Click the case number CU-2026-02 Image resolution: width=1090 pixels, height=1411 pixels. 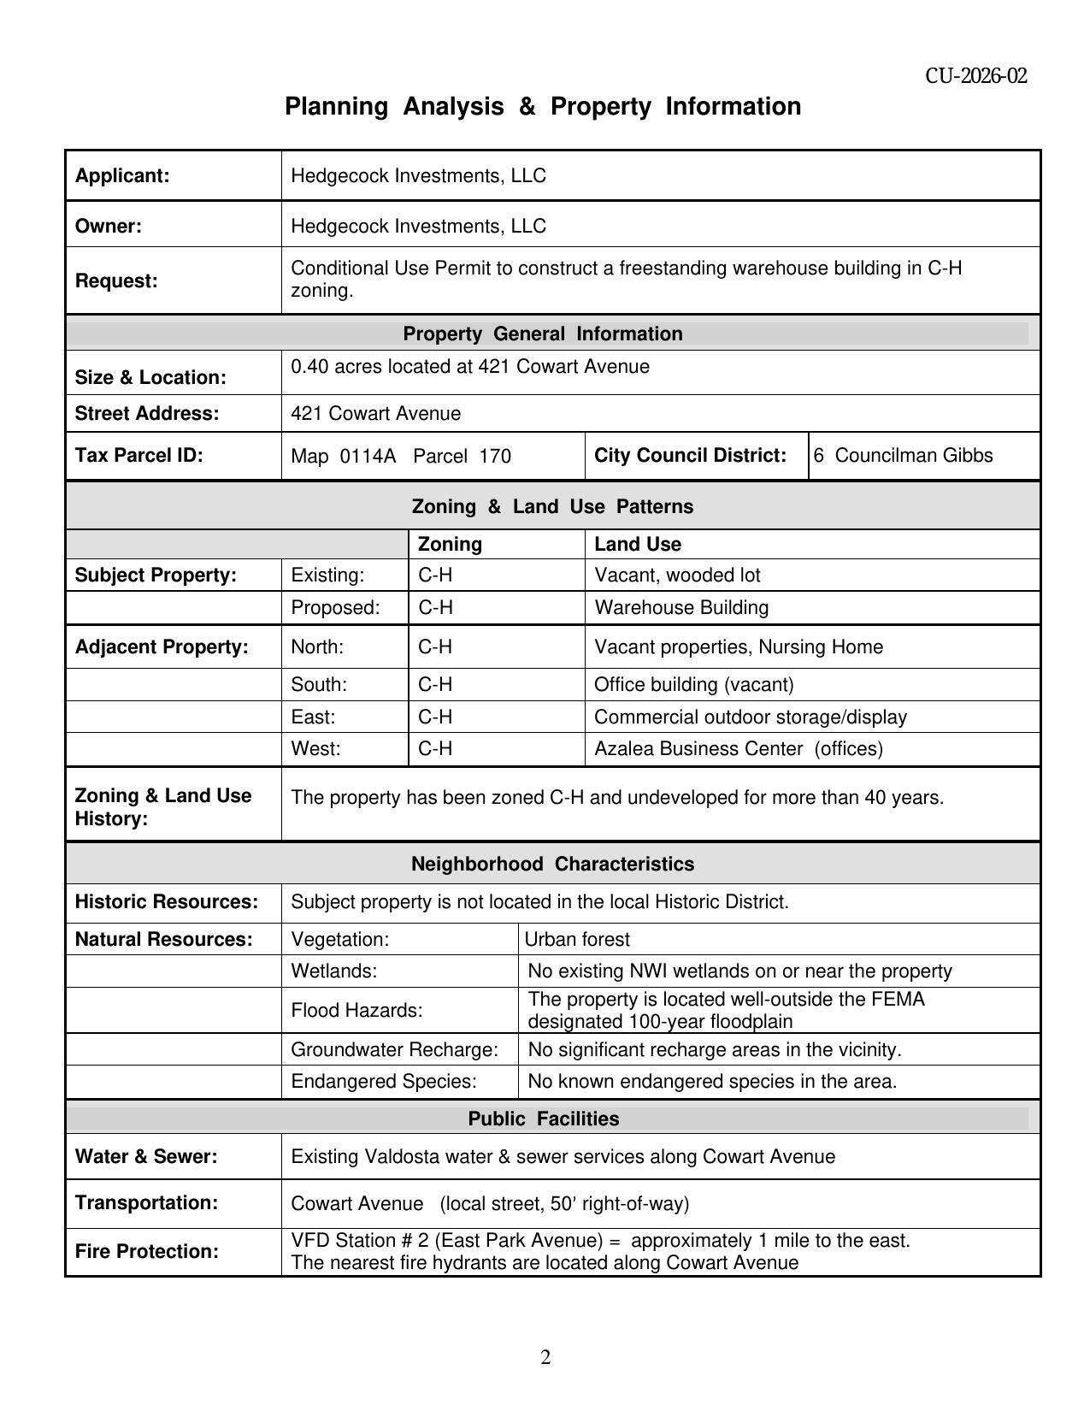(975, 76)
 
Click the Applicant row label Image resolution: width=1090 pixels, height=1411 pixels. (122, 175)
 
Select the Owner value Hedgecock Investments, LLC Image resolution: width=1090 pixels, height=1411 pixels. (418, 226)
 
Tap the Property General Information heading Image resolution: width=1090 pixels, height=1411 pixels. (543, 334)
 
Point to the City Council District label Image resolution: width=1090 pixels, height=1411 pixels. (690, 455)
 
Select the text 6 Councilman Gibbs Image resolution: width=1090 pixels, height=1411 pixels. (903, 455)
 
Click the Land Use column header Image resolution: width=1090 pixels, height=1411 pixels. (637, 544)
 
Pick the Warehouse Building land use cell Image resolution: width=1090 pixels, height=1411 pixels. (681, 607)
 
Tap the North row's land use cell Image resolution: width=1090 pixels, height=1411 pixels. (738, 646)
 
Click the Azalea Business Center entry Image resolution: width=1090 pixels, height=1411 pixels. (738, 748)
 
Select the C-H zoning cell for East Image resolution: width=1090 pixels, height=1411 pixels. (435, 717)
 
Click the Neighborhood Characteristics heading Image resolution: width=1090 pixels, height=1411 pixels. (552, 864)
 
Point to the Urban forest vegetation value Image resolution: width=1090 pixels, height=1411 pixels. (577, 939)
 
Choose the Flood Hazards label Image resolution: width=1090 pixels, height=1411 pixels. (356, 1010)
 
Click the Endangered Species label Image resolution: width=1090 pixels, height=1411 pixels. (383, 1081)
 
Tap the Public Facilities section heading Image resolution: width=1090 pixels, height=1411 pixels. (543, 1119)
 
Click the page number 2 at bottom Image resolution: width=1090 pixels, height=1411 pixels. (545, 1357)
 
